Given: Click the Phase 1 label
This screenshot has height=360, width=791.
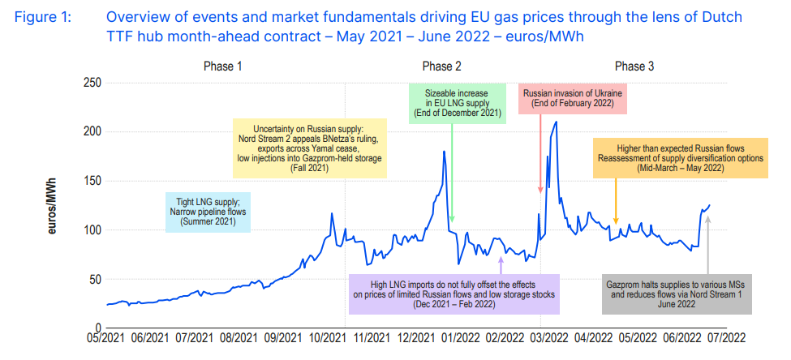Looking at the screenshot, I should click(222, 66).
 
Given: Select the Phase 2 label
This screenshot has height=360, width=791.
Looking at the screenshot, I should click(441, 66).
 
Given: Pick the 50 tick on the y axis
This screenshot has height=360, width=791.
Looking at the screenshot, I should click(92, 280).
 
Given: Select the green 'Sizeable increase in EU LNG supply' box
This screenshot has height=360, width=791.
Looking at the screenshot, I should click(455, 101).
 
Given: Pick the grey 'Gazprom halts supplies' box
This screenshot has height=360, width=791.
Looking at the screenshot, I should click(676, 294).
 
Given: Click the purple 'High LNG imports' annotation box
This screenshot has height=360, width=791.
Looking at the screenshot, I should click(453, 294).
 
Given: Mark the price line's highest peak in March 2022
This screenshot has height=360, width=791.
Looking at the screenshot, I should click(556, 122).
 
